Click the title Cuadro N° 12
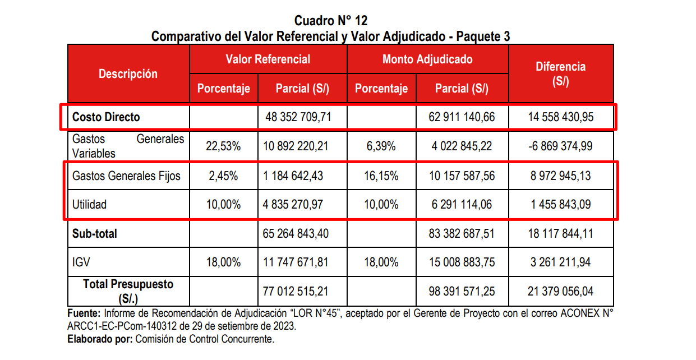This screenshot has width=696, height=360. click(331, 21)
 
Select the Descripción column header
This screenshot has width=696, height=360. click(128, 74)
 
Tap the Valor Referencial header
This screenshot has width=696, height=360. click(268, 59)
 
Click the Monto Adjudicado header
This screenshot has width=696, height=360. click(427, 59)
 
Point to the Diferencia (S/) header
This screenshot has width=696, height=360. click(560, 73)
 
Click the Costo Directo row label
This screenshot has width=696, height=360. click(106, 117)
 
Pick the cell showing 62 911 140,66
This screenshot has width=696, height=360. click(461, 118)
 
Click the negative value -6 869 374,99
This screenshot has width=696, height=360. click(560, 146)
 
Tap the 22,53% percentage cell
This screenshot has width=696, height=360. click(223, 146)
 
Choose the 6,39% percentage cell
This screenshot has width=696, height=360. click(381, 146)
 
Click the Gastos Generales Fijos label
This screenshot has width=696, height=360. click(126, 176)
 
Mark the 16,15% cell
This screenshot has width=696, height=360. click(381, 176)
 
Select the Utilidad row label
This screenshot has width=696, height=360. click(89, 205)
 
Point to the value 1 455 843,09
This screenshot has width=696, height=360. click(560, 205)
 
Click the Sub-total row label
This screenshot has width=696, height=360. click(95, 233)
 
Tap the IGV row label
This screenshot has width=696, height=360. click(81, 262)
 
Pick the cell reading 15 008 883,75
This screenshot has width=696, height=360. click(461, 262)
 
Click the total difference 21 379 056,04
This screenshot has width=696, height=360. click(560, 291)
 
